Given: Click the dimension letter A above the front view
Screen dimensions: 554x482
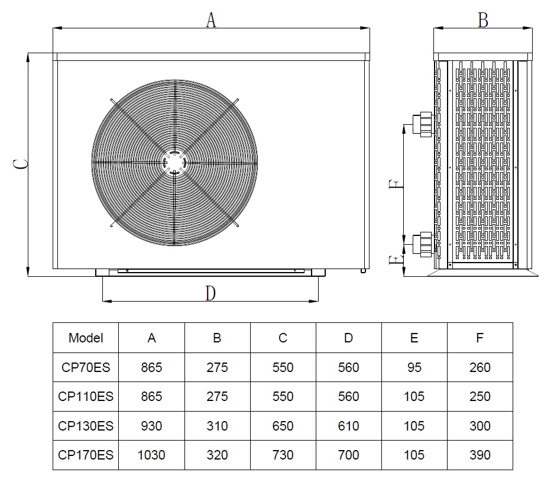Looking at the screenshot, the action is point(211,20).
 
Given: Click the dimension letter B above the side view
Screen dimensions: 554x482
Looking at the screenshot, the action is point(483,20).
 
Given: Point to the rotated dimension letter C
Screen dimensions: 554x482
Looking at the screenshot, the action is point(21,164).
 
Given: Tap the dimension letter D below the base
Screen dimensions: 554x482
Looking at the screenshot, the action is point(210,293).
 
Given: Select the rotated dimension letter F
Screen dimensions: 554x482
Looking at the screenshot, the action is point(396,184).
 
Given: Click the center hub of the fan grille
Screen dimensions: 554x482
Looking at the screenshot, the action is point(174,163).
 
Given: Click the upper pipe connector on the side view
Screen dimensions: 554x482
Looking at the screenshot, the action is point(423,124).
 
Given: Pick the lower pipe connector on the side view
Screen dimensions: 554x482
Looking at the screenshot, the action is point(423,244).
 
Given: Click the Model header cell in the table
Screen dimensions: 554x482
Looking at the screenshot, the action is point(86,338).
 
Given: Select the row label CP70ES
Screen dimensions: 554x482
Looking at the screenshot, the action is point(86,367).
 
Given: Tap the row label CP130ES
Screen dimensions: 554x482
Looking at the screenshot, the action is point(86,426).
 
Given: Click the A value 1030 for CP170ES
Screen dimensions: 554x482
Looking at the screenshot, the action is point(151,455).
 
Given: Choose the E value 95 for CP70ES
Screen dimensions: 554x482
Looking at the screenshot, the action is point(414,367).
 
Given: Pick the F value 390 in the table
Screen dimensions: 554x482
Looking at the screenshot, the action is point(480,455).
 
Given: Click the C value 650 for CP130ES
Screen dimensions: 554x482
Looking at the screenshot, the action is point(283,426).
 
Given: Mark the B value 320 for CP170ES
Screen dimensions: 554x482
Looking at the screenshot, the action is point(217,455).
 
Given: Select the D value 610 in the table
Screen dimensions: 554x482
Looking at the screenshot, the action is point(348,426).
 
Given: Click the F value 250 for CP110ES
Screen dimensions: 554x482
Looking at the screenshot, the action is point(480,396).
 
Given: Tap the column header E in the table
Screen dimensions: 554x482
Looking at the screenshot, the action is point(414,338).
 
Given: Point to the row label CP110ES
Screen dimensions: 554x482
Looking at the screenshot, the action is point(86,396).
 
